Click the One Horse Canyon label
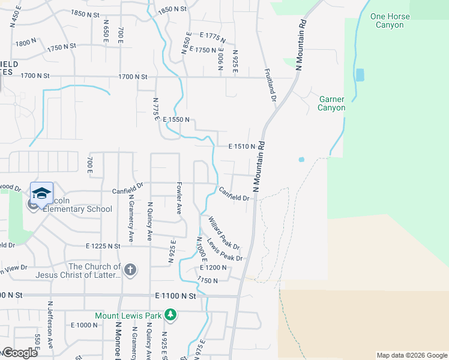point(390,20)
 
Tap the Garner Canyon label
point(332,103)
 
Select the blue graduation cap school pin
point(41,194)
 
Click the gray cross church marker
point(130,270)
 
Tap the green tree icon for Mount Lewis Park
point(170,314)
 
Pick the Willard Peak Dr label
point(224,234)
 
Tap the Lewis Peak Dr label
point(224,250)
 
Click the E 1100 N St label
point(175,296)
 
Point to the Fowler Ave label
point(178,199)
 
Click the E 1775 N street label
point(213,37)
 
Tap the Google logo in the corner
point(20,353)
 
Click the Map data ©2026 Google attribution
point(411,355)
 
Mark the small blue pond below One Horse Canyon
point(360,75)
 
